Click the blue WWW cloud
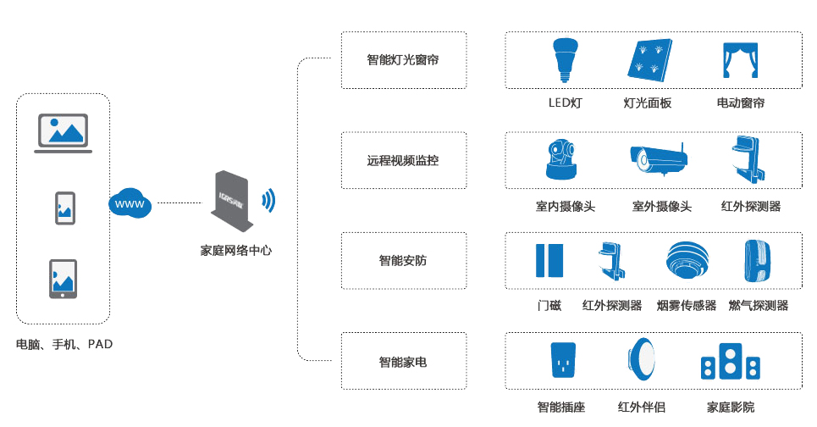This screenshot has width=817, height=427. (x=130, y=203)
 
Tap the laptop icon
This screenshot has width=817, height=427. (x=63, y=134)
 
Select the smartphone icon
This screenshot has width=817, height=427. (x=65, y=208)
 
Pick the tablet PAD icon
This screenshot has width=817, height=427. (x=63, y=279)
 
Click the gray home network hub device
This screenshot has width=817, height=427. (x=232, y=201)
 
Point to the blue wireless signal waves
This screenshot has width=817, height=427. (x=268, y=200)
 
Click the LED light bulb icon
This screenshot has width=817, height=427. (x=566, y=60)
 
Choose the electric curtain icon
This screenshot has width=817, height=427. (x=741, y=60)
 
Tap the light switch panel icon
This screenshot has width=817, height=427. (x=649, y=60)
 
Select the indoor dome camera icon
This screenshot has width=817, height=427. (x=561, y=160)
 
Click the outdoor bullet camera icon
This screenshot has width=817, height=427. (x=659, y=158)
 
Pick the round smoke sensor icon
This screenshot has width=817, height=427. (x=687, y=259)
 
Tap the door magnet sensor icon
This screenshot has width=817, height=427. (x=549, y=260)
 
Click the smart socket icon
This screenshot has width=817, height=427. (x=563, y=360)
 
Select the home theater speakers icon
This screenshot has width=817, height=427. (x=731, y=361)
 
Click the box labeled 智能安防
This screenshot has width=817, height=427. (x=404, y=261)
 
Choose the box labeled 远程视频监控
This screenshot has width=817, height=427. (x=404, y=160)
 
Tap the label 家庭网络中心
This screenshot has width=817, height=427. (x=236, y=250)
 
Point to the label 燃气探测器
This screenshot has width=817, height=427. (x=759, y=306)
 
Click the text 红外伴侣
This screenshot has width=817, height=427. (x=642, y=407)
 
